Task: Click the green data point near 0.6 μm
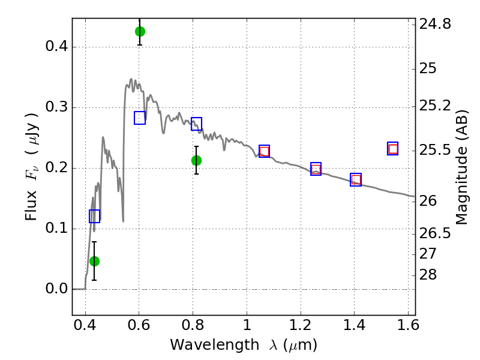pyautogui.click(x=140, y=32)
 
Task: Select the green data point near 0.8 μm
pyautogui.click(x=197, y=160)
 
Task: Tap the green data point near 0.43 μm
pyautogui.click(x=95, y=261)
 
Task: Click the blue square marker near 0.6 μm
pyautogui.click(x=140, y=118)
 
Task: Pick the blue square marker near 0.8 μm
pyautogui.click(x=197, y=124)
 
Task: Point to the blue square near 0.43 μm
pyautogui.click(x=95, y=216)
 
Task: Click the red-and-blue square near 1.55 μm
pyautogui.click(x=393, y=149)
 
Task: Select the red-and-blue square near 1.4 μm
pyautogui.click(x=356, y=179)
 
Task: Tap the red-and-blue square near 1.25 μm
pyautogui.click(x=316, y=169)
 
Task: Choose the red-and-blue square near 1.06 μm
pyautogui.click(x=264, y=151)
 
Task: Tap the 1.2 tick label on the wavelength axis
pyautogui.click(x=301, y=325)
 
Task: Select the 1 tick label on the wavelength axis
pyautogui.click(x=247, y=325)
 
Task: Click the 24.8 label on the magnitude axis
pyautogui.click(x=435, y=24)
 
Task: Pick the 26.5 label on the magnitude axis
pyautogui.click(x=435, y=233)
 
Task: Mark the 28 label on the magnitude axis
pyautogui.click(x=428, y=275)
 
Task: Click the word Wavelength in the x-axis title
pyautogui.click(x=215, y=345)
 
